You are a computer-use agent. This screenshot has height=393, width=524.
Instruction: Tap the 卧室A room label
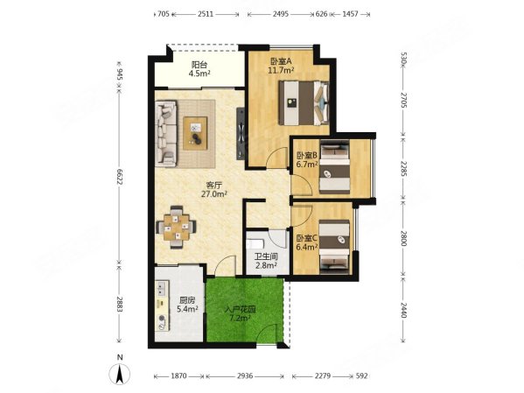pyautogui.click(x=280, y=66)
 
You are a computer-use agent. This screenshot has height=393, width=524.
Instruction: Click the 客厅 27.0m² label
pyautogui.click(x=212, y=190)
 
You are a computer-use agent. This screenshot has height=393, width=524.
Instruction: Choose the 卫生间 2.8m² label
pyautogui.click(x=265, y=260)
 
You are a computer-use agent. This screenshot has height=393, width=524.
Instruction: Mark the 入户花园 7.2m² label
pyautogui.click(x=237, y=313)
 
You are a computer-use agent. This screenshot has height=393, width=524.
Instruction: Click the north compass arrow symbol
pyautogui.click(x=119, y=374)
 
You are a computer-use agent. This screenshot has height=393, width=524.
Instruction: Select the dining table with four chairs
pyautogui.click(x=176, y=225)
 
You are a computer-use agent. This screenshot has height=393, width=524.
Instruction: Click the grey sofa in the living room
pyautogui.click(x=166, y=132)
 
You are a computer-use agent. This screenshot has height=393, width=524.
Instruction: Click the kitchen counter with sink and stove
pyautogui.click(x=164, y=306)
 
